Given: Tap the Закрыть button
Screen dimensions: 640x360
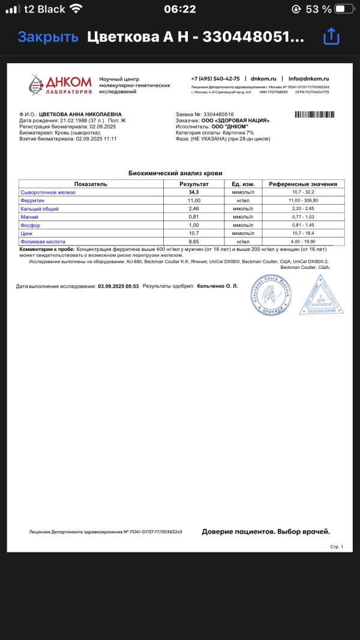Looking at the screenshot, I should [x=48, y=37].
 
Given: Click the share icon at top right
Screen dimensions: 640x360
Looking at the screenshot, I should [x=331, y=37].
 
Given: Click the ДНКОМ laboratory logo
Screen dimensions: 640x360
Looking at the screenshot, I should [x=61, y=84].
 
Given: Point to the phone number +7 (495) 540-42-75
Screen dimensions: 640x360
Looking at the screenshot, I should [x=215, y=79].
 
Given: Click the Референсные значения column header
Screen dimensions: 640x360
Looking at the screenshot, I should [x=302, y=184].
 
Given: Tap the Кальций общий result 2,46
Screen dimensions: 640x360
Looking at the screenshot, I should [x=194, y=208].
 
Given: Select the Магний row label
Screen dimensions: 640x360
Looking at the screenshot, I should [x=29, y=217].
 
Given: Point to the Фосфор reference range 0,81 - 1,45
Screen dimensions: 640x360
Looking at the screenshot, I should [x=302, y=225].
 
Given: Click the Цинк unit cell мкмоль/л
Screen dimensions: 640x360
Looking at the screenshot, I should [x=243, y=233].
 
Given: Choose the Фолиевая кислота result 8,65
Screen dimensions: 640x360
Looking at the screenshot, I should [x=194, y=241].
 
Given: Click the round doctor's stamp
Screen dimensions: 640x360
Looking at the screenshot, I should [x=270, y=294].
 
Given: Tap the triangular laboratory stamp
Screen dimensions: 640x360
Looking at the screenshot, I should [x=322, y=297].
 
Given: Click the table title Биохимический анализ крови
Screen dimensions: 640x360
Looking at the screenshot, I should [x=180, y=172].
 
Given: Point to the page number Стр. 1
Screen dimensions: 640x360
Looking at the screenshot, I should [x=337, y=547].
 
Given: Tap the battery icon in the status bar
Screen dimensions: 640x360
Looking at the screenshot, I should [x=344, y=9].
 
